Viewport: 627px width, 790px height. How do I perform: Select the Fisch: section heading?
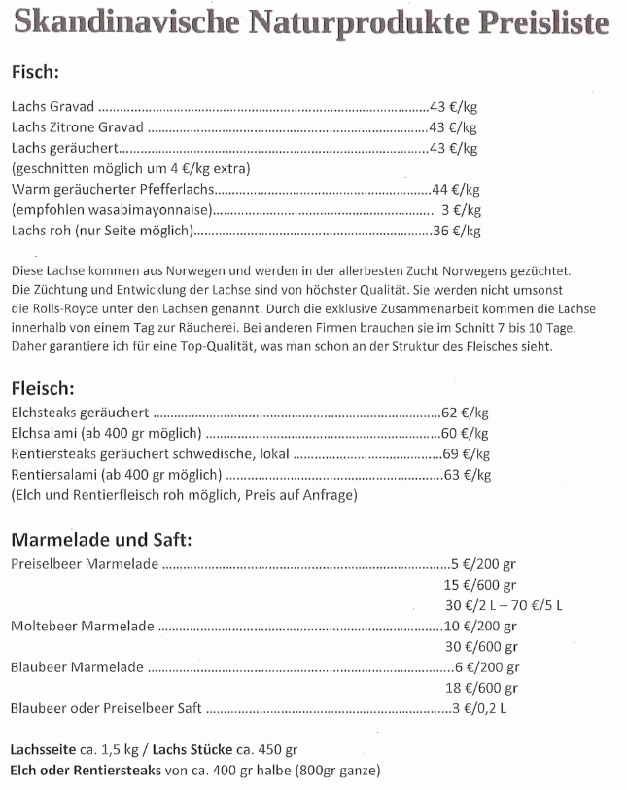[x=36, y=73]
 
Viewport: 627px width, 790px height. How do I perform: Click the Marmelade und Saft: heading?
[x=101, y=540]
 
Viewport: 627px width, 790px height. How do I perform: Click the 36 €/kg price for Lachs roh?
[x=456, y=231]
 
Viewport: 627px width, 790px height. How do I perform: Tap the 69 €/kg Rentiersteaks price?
[x=468, y=454]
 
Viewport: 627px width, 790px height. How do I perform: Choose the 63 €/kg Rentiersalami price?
[x=468, y=475]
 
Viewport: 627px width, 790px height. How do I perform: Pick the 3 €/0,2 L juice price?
[x=478, y=708]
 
